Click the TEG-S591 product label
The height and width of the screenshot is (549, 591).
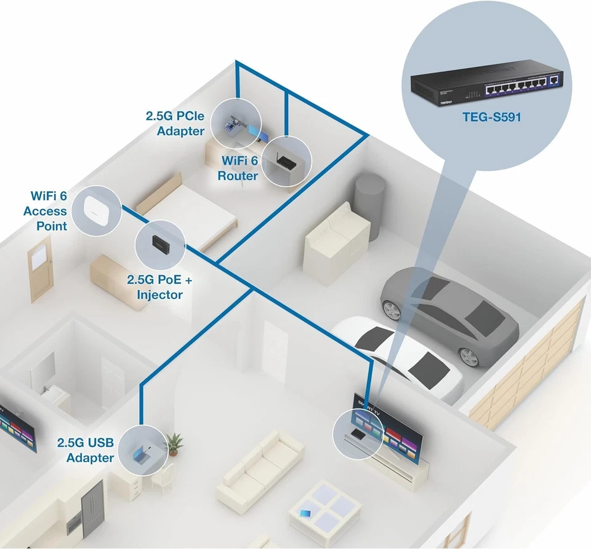pos(491,116)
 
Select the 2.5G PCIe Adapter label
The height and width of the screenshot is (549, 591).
pos(175,123)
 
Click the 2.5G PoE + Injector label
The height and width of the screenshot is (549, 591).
pos(159,287)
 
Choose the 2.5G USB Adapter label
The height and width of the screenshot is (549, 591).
pos(85,450)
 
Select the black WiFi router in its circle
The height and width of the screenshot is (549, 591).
pos(286,163)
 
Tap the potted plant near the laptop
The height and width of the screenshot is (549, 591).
pos(174,444)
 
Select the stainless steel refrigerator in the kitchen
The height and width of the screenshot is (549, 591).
pos(92,508)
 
